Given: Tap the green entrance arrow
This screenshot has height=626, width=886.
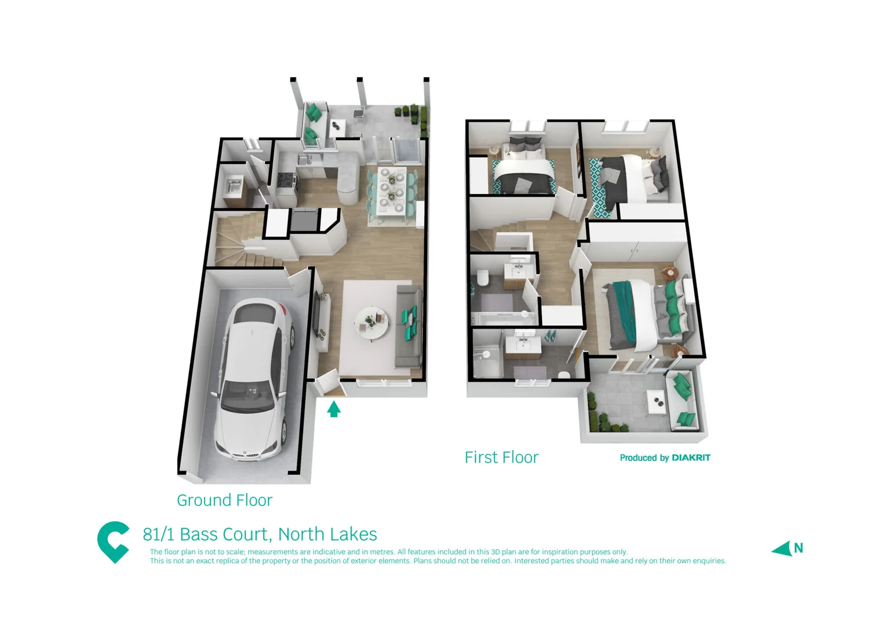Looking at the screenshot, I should click(x=333, y=409).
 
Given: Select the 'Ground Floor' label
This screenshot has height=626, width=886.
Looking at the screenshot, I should click(x=224, y=500).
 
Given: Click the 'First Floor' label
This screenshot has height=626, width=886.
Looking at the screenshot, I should click(x=501, y=457).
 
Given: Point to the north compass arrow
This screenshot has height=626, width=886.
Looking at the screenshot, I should click(x=782, y=548).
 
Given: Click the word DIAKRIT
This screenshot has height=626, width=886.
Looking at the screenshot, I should click(x=691, y=458).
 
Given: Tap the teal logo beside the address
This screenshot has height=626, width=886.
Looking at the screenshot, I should click(x=114, y=541).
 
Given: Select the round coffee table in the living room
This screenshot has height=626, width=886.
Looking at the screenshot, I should click(x=371, y=322).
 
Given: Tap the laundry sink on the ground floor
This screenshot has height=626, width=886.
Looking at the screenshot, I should click(x=235, y=187).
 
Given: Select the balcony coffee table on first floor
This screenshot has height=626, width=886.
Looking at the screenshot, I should click(x=655, y=399).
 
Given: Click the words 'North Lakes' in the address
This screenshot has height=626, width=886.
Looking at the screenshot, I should click(x=327, y=534).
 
